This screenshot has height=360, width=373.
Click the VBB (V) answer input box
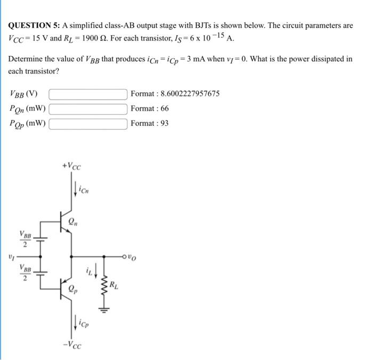(88, 94)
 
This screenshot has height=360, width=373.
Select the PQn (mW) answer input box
(88, 109)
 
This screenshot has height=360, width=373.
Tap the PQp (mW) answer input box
(88, 124)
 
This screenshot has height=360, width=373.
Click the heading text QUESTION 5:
(34, 25)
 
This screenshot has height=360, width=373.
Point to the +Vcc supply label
(71, 166)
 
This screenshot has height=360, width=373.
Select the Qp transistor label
(72, 291)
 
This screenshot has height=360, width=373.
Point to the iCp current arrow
(74, 321)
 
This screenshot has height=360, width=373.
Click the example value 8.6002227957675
(190, 94)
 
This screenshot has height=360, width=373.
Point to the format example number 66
(165, 109)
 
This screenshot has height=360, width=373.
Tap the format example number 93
(165, 123)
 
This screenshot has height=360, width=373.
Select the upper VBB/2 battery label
(25, 238)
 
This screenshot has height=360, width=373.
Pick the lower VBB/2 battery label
(25, 273)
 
